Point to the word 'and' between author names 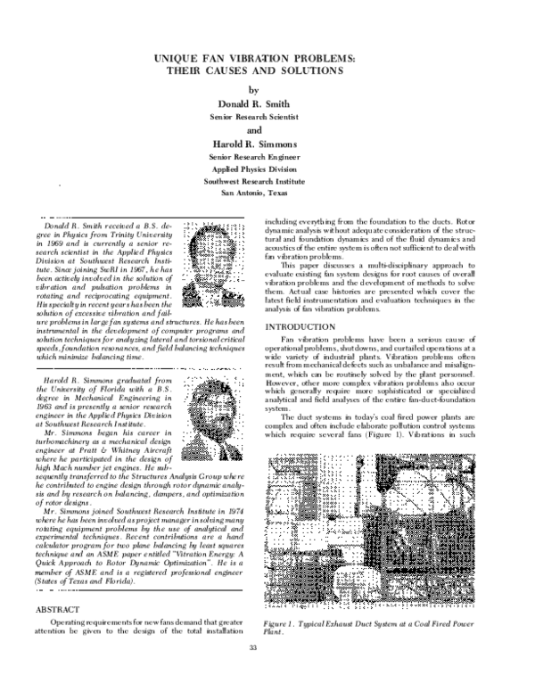[x=256, y=128]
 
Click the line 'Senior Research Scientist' [x=257, y=117]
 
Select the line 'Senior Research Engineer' [x=257, y=156]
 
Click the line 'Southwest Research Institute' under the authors [x=257, y=179]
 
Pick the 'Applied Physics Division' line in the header [x=257, y=168]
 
